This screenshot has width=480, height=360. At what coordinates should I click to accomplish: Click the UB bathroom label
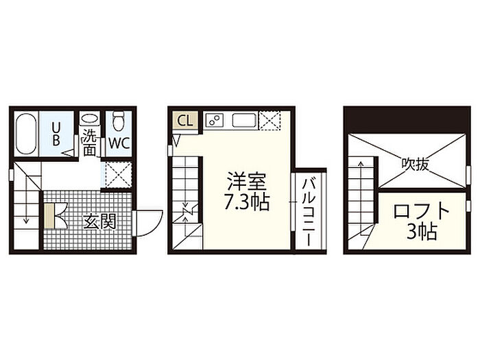(x=56, y=134)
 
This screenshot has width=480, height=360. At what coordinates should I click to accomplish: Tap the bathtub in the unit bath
(x=26, y=134)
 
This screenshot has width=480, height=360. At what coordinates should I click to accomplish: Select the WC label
(x=119, y=143)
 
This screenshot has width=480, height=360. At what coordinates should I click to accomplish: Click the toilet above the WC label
(x=119, y=121)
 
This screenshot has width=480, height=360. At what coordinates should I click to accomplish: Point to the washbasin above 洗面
(x=89, y=118)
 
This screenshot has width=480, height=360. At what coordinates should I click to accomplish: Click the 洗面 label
(x=89, y=143)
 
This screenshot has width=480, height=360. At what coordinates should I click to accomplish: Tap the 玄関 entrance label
(x=100, y=221)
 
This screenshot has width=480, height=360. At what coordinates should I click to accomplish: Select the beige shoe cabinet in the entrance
(x=49, y=216)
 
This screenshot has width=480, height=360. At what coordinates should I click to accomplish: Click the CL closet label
(x=185, y=121)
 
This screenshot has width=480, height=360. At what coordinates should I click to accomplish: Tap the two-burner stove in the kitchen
(x=214, y=120)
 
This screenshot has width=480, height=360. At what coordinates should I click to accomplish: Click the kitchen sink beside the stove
(x=244, y=120)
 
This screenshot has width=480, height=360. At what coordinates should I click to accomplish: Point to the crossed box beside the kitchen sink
(x=269, y=120)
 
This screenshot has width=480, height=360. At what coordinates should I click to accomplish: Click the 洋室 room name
(x=247, y=182)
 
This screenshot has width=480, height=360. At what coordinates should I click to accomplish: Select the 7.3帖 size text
(x=247, y=202)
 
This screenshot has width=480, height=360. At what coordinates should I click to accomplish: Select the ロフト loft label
(x=422, y=211)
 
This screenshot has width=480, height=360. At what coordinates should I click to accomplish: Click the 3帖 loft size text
(x=422, y=232)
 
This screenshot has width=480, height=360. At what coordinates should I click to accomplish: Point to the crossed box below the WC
(x=118, y=175)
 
